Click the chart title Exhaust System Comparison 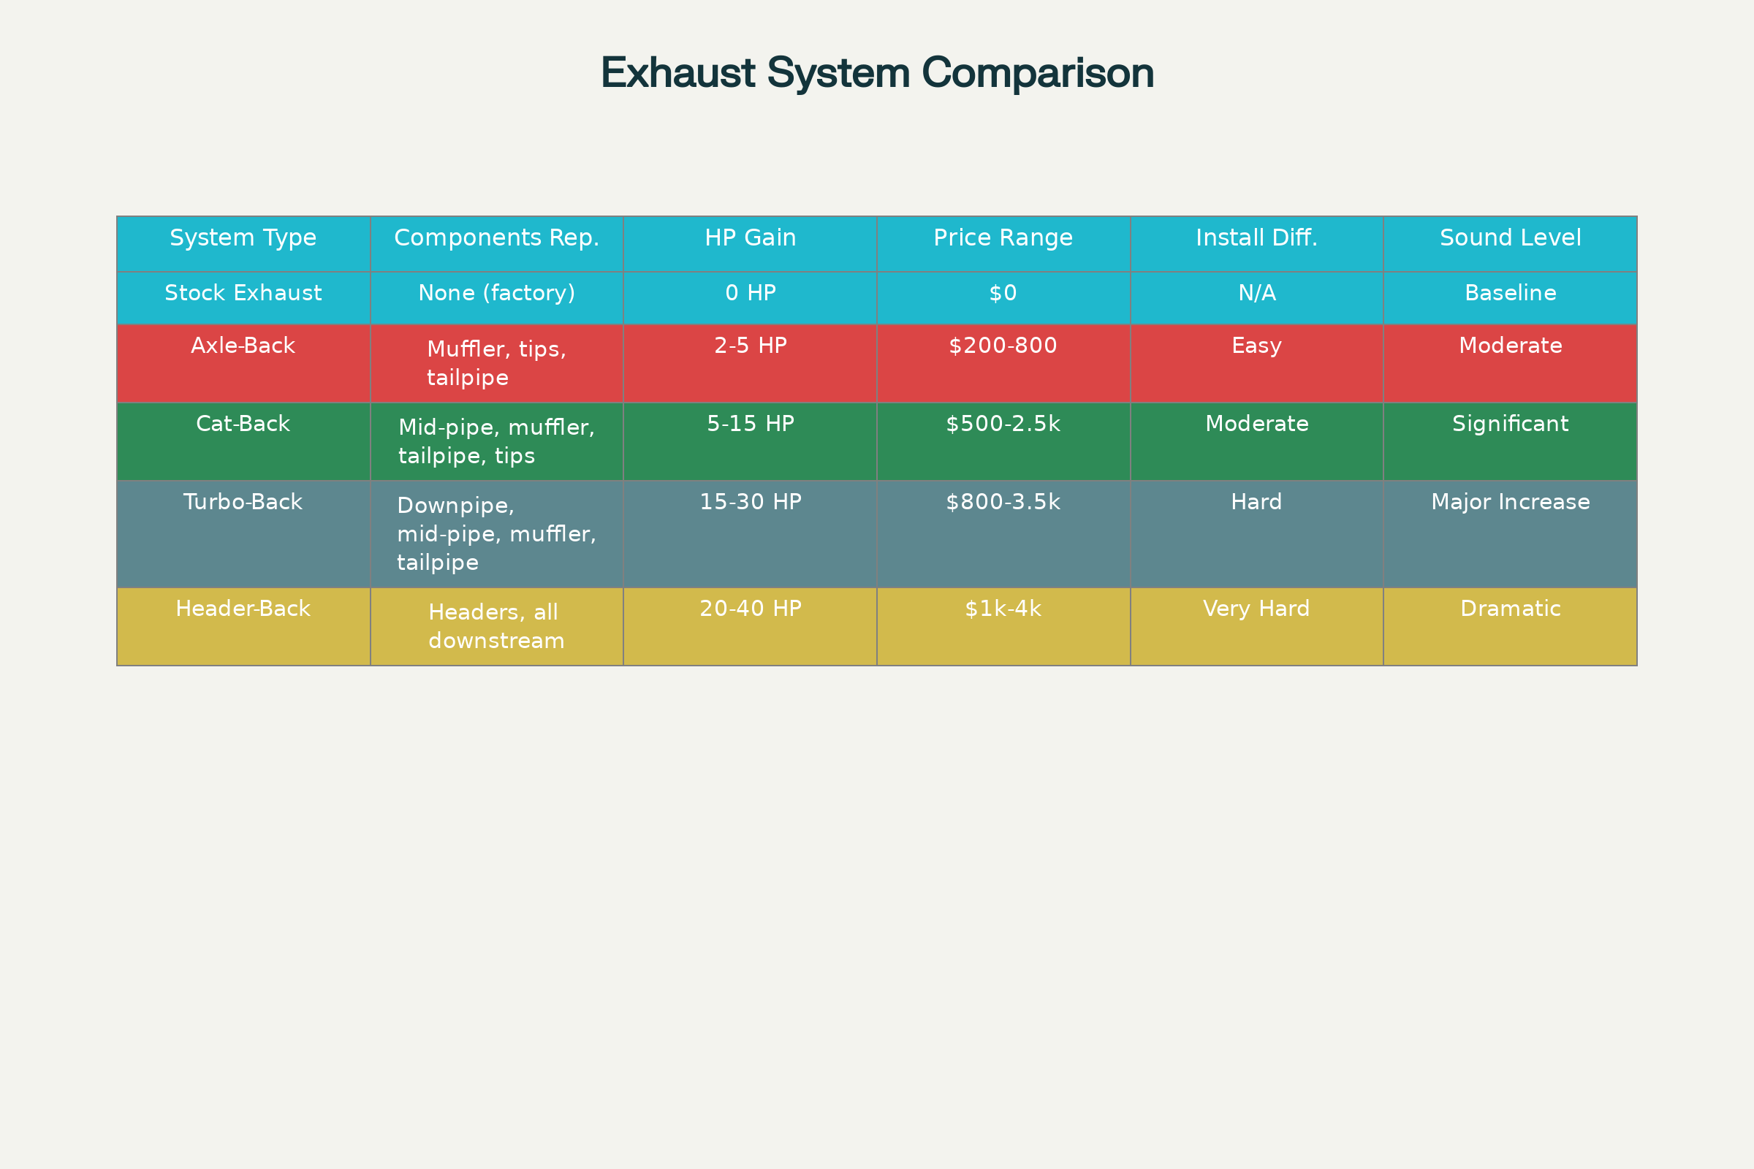coord(877,73)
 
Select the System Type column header coord(243,238)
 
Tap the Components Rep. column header coord(497,238)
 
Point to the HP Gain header coord(751,238)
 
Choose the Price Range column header coord(1003,238)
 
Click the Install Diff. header coord(1256,238)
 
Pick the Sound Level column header coord(1510,238)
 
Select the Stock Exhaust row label coord(243,293)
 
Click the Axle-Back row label coord(243,346)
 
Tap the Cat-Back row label coord(243,424)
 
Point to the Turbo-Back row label coord(243,503)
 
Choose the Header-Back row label coord(243,609)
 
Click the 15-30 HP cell coord(751,503)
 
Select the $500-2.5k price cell coord(1003,424)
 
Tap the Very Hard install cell coord(1256,609)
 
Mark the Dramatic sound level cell coord(1510,609)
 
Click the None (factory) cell coord(497,293)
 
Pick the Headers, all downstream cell coord(497,626)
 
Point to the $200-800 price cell coord(1003,346)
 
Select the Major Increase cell coord(1510,503)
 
